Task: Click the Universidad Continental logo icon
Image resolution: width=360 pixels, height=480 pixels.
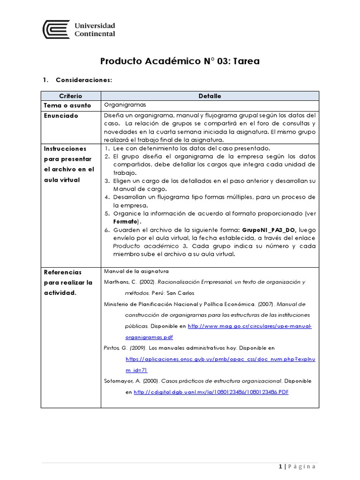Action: coord(56,29)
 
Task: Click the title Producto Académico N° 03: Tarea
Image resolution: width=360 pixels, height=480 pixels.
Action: coord(180,61)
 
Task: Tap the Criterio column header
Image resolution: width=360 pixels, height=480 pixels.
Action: coord(71,96)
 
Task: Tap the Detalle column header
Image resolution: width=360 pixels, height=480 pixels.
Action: coord(210,96)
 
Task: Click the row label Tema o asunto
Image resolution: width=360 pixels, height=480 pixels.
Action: coord(67,105)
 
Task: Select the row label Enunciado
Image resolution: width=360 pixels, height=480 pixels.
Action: coord(61,116)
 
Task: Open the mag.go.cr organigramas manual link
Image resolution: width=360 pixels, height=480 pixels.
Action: coord(249,325)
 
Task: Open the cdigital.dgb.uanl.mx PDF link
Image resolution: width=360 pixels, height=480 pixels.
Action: coord(211,392)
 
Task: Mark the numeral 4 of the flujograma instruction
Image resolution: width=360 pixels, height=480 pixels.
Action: coord(107,196)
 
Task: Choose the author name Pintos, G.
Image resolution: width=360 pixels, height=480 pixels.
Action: coord(114,348)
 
